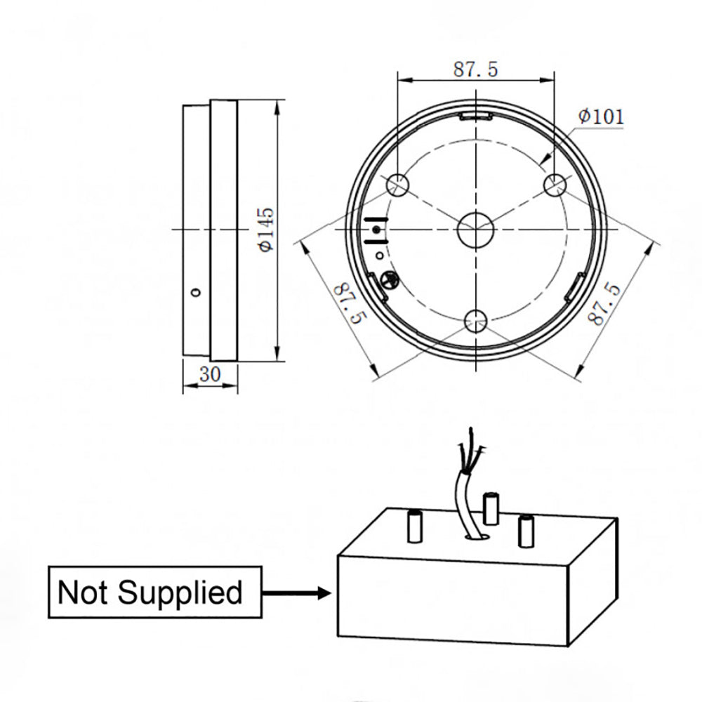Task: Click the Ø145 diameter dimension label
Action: [266, 230]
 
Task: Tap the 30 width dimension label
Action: [209, 374]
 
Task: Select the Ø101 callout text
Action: [600, 117]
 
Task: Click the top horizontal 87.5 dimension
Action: [475, 69]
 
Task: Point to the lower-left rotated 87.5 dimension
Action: [350, 303]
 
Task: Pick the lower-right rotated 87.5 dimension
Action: [604, 303]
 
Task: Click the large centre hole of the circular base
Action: [475, 230]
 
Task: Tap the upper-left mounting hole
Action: [397, 184]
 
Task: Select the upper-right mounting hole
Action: [555, 184]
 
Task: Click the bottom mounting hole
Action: [475, 321]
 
